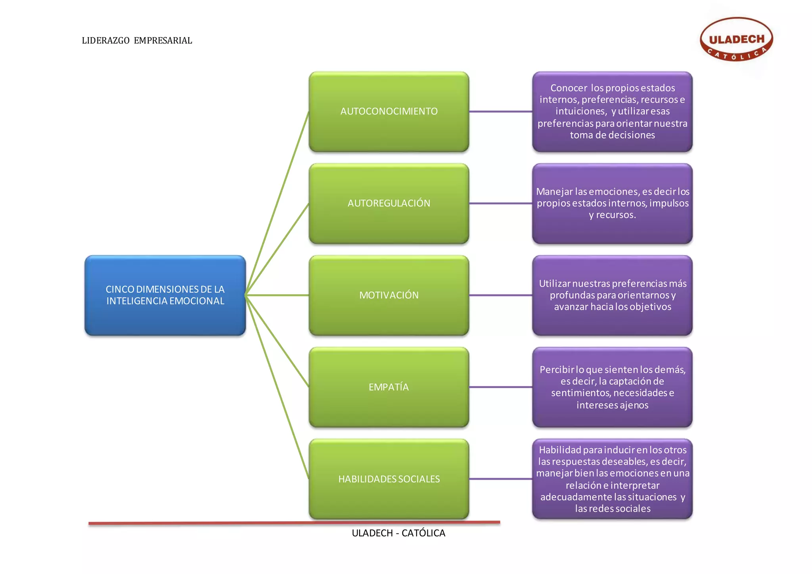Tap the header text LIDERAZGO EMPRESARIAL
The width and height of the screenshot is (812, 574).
pyautogui.click(x=137, y=40)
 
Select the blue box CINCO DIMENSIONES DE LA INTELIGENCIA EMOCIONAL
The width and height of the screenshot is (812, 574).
pyautogui.click(x=165, y=295)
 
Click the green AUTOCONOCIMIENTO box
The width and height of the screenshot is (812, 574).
pyautogui.click(x=389, y=111)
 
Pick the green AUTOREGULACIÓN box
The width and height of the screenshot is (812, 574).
pyautogui.click(x=389, y=203)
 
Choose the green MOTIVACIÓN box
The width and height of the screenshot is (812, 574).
pyautogui.click(x=389, y=295)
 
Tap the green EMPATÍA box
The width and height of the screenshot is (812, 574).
pyautogui.click(x=389, y=387)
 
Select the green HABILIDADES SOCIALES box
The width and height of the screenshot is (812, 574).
pyautogui.click(x=389, y=479)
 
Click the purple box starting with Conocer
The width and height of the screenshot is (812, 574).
pyautogui.click(x=612, y=111)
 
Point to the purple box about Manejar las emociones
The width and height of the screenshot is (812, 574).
pyautogui.click(x=612, y=203)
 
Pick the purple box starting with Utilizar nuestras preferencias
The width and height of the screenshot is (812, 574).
pyautogui.click(x=612, y=295)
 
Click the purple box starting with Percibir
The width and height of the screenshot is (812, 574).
pyautogui.click(x=612, y=387)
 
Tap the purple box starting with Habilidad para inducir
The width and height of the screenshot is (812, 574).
pyautogui.click(x=612, y=479)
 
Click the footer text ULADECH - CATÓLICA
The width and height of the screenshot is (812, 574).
pyautogui.click(x=398, y=533)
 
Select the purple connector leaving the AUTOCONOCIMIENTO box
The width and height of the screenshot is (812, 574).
pyautogui.click(x=500, y=111)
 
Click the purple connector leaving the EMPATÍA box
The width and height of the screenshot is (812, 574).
pyautogui.click(x=500, y=387)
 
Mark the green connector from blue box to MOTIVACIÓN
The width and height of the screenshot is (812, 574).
pyautogui.click(x=278, y=295)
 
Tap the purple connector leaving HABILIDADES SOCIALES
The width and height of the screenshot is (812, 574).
pyautogui.click(x=500, y=479)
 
